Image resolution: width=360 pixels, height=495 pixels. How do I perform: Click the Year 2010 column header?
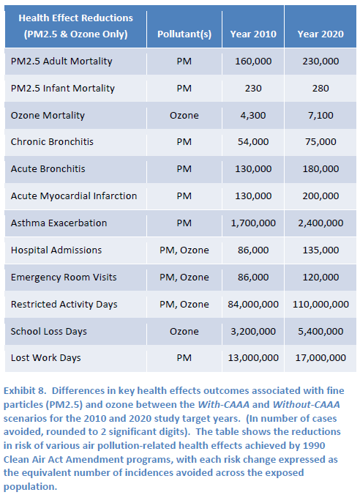pyautogui.click(x=253, y=34)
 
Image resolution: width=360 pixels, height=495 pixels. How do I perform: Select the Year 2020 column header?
pyautogui.click(x=320, y=34)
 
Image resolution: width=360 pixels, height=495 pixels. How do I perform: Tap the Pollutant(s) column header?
pyautogui.click(x=184, y=34)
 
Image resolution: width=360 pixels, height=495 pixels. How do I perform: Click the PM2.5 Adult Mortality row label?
pyautogui.click(x=61, y=62)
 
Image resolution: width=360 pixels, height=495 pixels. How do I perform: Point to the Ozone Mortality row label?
pyautogui.click(x=48, y=116)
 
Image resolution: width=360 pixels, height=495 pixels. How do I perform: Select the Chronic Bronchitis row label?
pyautogui.click(x=52, y=142)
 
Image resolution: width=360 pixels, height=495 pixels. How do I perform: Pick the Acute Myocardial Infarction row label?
pyautogui.click(x=74, y=196)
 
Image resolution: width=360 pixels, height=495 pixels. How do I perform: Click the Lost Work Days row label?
pyautogui.click(x=46, y=358)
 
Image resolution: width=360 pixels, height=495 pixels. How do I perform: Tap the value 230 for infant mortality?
pyautogui.click(x=253, y=89)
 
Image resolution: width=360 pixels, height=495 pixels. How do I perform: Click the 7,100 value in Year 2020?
pyautogui.click(x=320, y=116)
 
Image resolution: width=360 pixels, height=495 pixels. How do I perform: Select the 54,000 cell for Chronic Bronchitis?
pyautogui.click(x=253, y=142)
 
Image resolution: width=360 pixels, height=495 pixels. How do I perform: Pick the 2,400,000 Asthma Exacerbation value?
pyautogui.click(x=320, y=223)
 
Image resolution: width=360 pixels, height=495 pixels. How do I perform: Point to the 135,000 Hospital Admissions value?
pyautogui.click(x=320, y=250)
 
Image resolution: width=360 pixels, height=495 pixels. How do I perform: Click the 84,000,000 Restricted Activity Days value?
pyautogui.click(x=253, y=305)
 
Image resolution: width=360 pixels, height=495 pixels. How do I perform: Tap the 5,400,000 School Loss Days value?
pyautogui.click(x=320, y=332)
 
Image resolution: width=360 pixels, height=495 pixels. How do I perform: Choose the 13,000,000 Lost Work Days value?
pyautogui.click(x=253, y=358)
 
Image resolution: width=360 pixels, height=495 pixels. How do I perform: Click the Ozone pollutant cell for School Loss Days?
pyautogui.click(x=184, y=332)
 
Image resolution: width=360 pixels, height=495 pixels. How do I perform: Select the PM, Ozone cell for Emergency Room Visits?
pyautogui.click(x=184, y=278)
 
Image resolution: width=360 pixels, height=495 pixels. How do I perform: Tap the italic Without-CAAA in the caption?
pyautogui.click(x=306, y=405)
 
